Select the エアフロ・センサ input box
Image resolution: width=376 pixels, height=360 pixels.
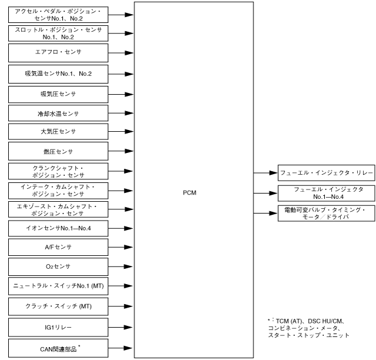(58, 52)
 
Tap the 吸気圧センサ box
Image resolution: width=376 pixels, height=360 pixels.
(58, 94)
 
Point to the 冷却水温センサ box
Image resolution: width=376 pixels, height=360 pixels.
(58, 112)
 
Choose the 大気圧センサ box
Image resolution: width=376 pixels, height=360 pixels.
(58, 131)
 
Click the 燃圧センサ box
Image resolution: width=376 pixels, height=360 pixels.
(58, 151)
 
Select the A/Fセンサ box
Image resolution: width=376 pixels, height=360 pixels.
(58, 247)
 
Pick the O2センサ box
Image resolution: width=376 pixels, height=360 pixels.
(58, 266)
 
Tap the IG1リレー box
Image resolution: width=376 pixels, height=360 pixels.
(58, 326)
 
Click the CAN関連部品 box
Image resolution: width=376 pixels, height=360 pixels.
(58, 347)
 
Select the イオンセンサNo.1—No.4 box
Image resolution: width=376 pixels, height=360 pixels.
(58, 228)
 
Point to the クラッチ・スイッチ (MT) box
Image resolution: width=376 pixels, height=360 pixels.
(58, 306)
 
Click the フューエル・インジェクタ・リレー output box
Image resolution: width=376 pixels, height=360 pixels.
(325, 173)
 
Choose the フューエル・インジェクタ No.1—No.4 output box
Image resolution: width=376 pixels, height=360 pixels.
(325, 192)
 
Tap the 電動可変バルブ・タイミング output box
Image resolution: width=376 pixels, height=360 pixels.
(325, 213)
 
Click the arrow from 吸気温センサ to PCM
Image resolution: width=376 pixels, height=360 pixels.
(121, 74)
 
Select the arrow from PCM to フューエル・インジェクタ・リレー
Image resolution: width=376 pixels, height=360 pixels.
(265, 173)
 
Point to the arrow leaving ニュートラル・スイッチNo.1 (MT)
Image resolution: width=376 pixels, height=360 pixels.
(121, 286)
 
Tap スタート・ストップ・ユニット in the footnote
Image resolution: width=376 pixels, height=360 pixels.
(308, 335)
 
